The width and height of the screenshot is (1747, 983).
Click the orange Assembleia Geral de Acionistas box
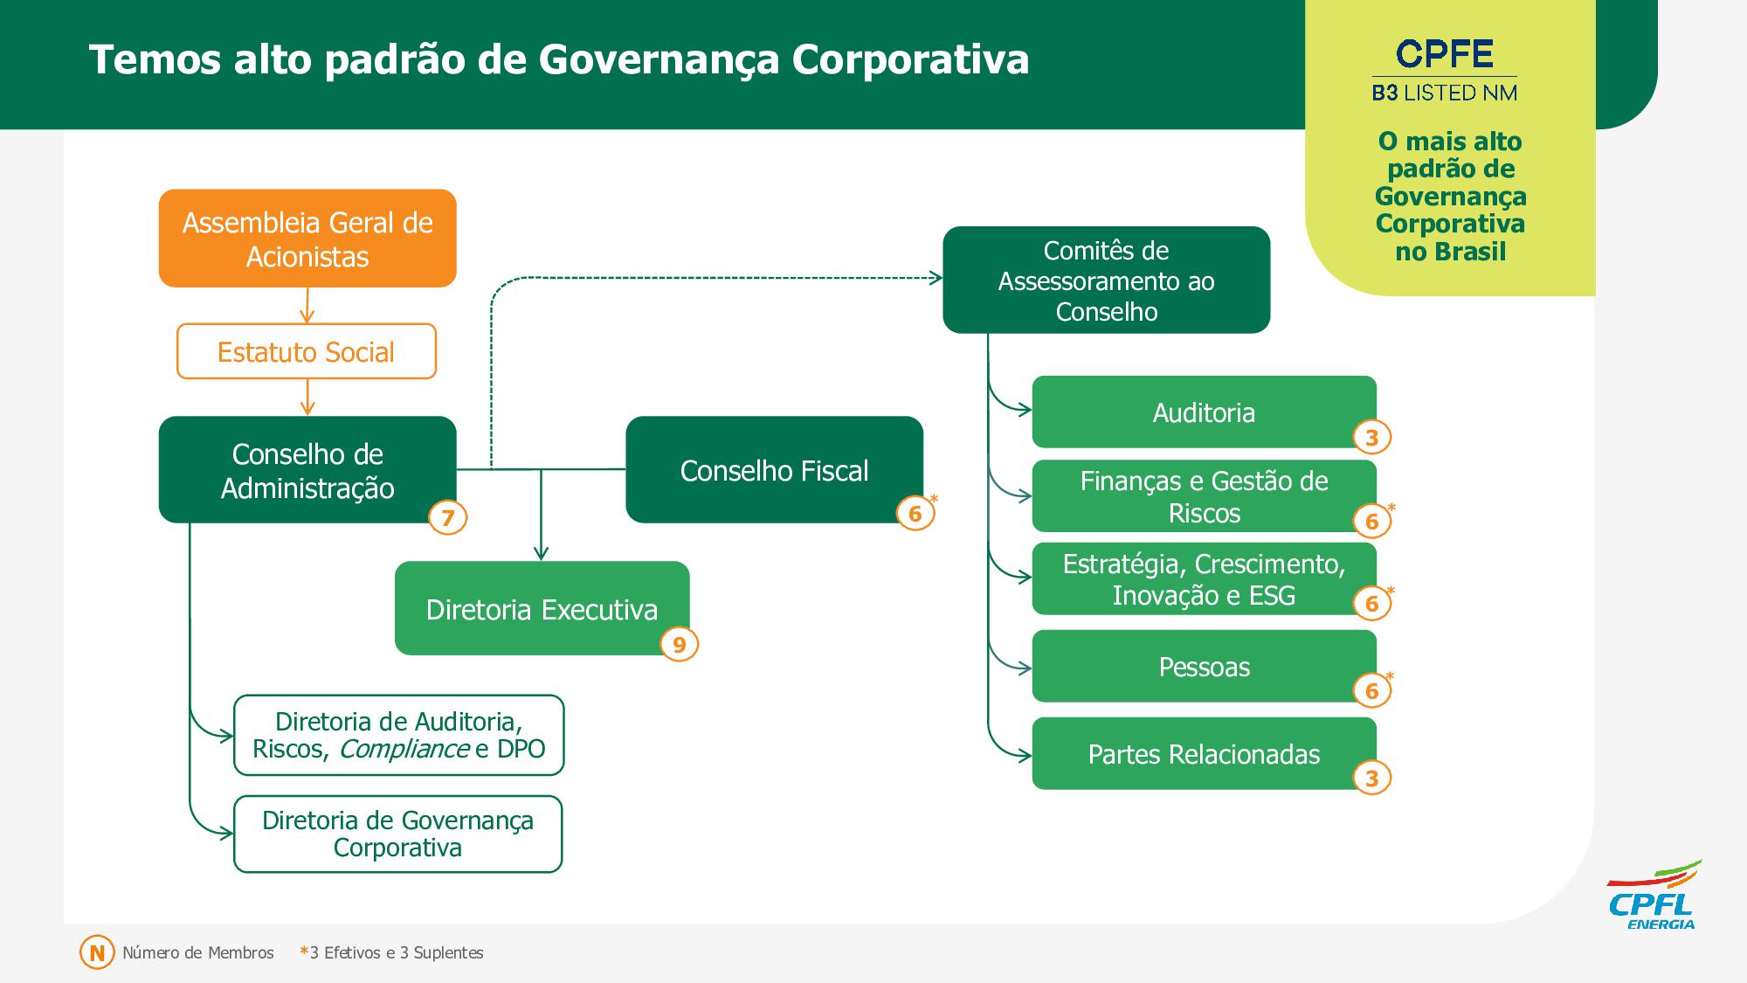pos(307,239)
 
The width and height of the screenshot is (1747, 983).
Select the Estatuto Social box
pos(307,351)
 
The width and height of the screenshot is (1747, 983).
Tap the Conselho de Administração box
pos(307,470)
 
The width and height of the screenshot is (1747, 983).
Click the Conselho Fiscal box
pos(774,470)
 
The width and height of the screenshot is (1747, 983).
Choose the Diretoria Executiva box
pos(542,609)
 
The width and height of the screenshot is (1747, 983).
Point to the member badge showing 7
pos(447,518)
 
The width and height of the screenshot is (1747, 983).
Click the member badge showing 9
pos(679,645)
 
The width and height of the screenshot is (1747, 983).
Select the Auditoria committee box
pos(1204,412)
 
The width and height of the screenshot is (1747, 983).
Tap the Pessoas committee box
pos(1204,667)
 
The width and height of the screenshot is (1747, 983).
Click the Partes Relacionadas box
pos(1204,754)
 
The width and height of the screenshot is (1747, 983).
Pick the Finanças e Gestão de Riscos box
pos(1204,496)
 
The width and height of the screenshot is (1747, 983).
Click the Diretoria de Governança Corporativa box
pos(397,834)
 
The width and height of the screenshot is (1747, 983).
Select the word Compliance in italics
pos(404,749)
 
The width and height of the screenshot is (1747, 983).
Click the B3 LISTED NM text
pos(1445,93)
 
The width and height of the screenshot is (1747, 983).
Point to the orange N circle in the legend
pos(97,952)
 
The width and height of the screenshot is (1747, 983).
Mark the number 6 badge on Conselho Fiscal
pos(915,513)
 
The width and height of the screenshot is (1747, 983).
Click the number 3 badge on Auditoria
pos(1371,438)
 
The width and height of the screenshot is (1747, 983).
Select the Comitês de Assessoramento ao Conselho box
pos(1106,280)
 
